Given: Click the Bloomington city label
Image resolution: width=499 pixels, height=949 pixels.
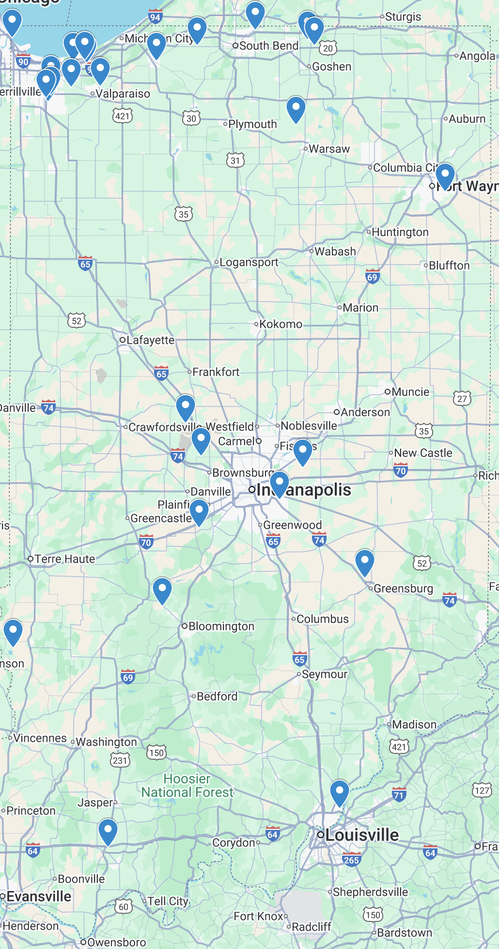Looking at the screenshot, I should (x=221, y=626).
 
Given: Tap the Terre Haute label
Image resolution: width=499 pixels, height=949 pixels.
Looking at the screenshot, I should (x=64, y=559).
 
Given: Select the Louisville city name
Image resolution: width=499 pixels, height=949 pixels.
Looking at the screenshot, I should (x=362, y=835).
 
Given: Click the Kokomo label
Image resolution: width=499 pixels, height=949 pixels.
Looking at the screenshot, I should (x=281, y=324).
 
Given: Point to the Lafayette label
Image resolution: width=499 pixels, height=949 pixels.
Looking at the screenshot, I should (x=150, y=340).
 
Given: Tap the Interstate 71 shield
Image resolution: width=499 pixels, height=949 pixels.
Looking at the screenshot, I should (x=399, y=795).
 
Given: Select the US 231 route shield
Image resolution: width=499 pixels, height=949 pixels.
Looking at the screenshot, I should (x=120, y=760).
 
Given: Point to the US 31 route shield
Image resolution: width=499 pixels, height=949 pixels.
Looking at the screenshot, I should (x=235, y=160).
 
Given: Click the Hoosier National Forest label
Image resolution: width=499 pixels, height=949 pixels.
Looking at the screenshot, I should (x=187, y=785).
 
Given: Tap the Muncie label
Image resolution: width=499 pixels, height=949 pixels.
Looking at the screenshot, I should (x=410, y=392).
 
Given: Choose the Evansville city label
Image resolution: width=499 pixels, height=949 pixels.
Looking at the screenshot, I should (x=39, y=896).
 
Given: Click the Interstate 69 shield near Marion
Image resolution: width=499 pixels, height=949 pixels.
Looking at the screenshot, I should (x=372, y=277).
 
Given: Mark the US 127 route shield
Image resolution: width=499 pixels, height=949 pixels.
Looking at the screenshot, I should (x=482, y=791).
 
